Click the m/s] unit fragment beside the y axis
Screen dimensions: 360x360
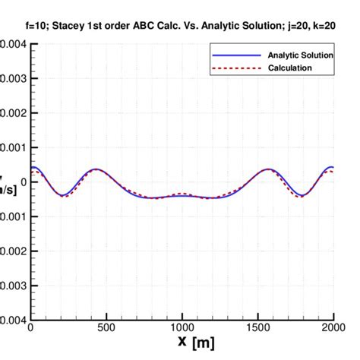pos(8,189)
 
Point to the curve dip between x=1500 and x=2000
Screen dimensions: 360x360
pos(302,195)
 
